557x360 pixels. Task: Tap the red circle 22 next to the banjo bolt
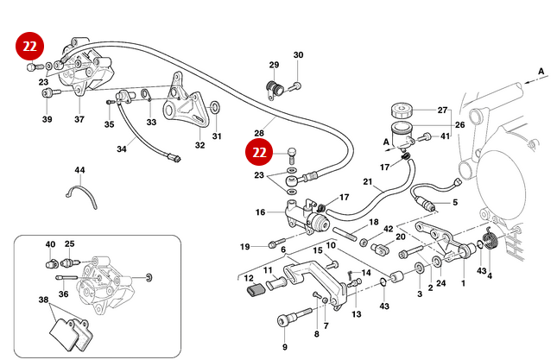coord(260,153)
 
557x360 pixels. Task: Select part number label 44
coord(79,170)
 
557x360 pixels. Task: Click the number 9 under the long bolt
coord(283,346)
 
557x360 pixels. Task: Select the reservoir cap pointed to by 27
coord(403,111)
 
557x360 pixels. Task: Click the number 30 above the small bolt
coord(298,55)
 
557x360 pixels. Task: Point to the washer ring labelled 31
coord(215,109)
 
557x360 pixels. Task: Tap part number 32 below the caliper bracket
coord(199,145)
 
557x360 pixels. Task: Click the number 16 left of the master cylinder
coord(260,212)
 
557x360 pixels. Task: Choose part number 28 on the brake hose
coord(257,132)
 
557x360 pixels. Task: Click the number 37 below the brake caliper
coord(79,119)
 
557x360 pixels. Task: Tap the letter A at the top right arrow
coord(541,70)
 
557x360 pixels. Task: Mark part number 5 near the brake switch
coord(455,203)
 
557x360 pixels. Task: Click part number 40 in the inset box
coord(50,244)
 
